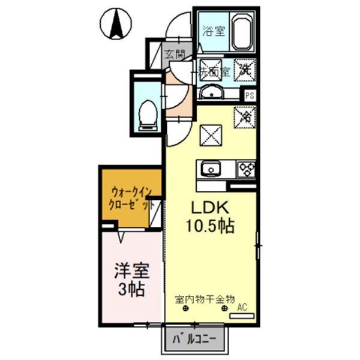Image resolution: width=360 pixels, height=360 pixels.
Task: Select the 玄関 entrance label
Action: (176, 56)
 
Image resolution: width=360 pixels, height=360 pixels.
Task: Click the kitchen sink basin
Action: (211, 169)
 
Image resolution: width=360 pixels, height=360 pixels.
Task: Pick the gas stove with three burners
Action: (246, 169)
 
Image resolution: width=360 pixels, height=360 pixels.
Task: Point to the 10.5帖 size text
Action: (209, 227)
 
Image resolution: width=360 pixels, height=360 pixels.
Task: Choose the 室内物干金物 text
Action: (205, 298)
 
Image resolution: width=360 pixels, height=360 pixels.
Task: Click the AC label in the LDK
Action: (242, 308)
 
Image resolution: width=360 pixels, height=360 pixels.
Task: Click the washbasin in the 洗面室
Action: (211, 92)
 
